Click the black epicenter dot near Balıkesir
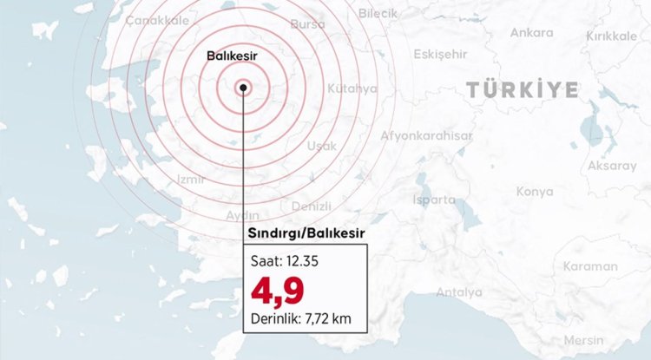(x=244, y=88)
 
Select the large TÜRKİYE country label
(x=522, y=89)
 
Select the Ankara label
(x=532, y=33)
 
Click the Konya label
(x=535, y=191)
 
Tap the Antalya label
(x=459, y=291)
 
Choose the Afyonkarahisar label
(x=426, y=136)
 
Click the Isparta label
(x=434, y=199)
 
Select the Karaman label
(x=589, y=266)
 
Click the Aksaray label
(x=612, y=166)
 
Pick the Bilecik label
(x=378, y=13)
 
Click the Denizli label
(x=312, y=206)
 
